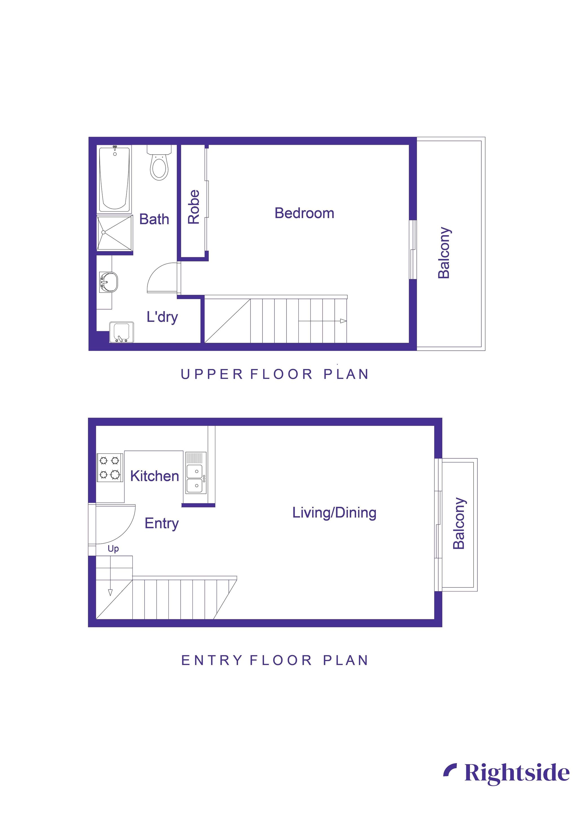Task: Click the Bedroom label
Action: pos(304,213)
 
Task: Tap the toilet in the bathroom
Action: pos(159,165)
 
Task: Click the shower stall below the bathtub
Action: pos(114,232)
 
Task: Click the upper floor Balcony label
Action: pos(444,252)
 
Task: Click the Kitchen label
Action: pos(154,476)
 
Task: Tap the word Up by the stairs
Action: pos(113,549)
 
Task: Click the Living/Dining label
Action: pos(334,513)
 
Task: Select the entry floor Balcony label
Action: pos(459,523)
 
